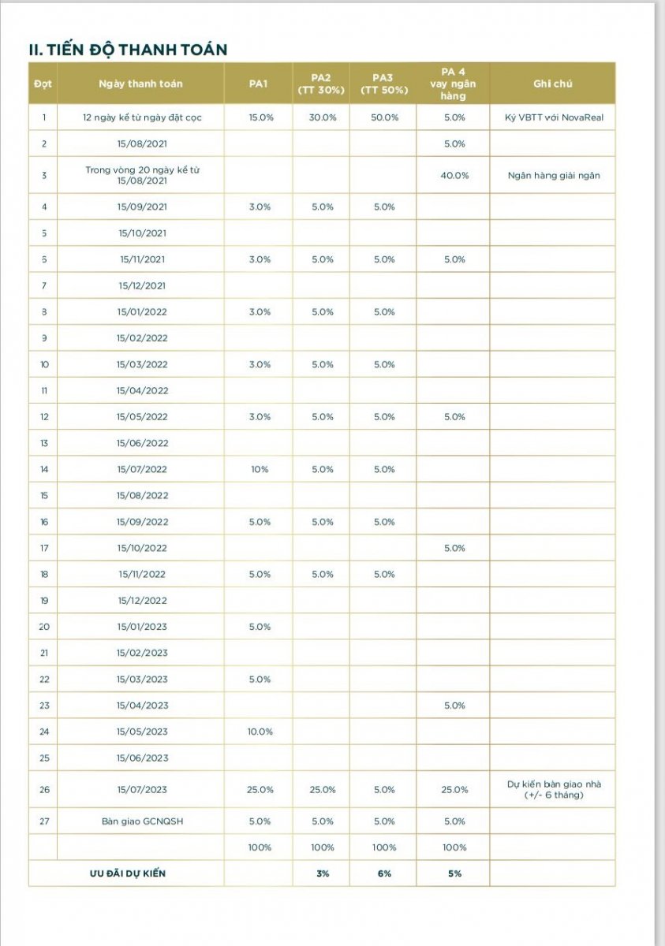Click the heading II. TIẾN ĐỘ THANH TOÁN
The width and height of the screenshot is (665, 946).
point(127,50)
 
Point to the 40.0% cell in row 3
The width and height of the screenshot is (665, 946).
point(454,175)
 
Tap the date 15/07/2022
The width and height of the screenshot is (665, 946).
point(142,469)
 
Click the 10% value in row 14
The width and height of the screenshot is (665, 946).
point(260,469)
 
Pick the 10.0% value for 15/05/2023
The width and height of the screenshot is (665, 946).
point(260,732)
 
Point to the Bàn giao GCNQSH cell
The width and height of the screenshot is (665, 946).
point(142,821)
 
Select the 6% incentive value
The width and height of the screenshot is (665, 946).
point(384,873)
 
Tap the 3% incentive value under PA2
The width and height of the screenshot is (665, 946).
point(322,873)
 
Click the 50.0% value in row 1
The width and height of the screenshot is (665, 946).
point(384,117)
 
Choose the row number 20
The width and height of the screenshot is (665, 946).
point(44,627)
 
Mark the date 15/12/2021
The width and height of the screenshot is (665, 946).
point(142,285)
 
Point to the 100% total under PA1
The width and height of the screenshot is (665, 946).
point(260,847)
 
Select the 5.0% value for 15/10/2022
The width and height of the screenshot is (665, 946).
point(454,548)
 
